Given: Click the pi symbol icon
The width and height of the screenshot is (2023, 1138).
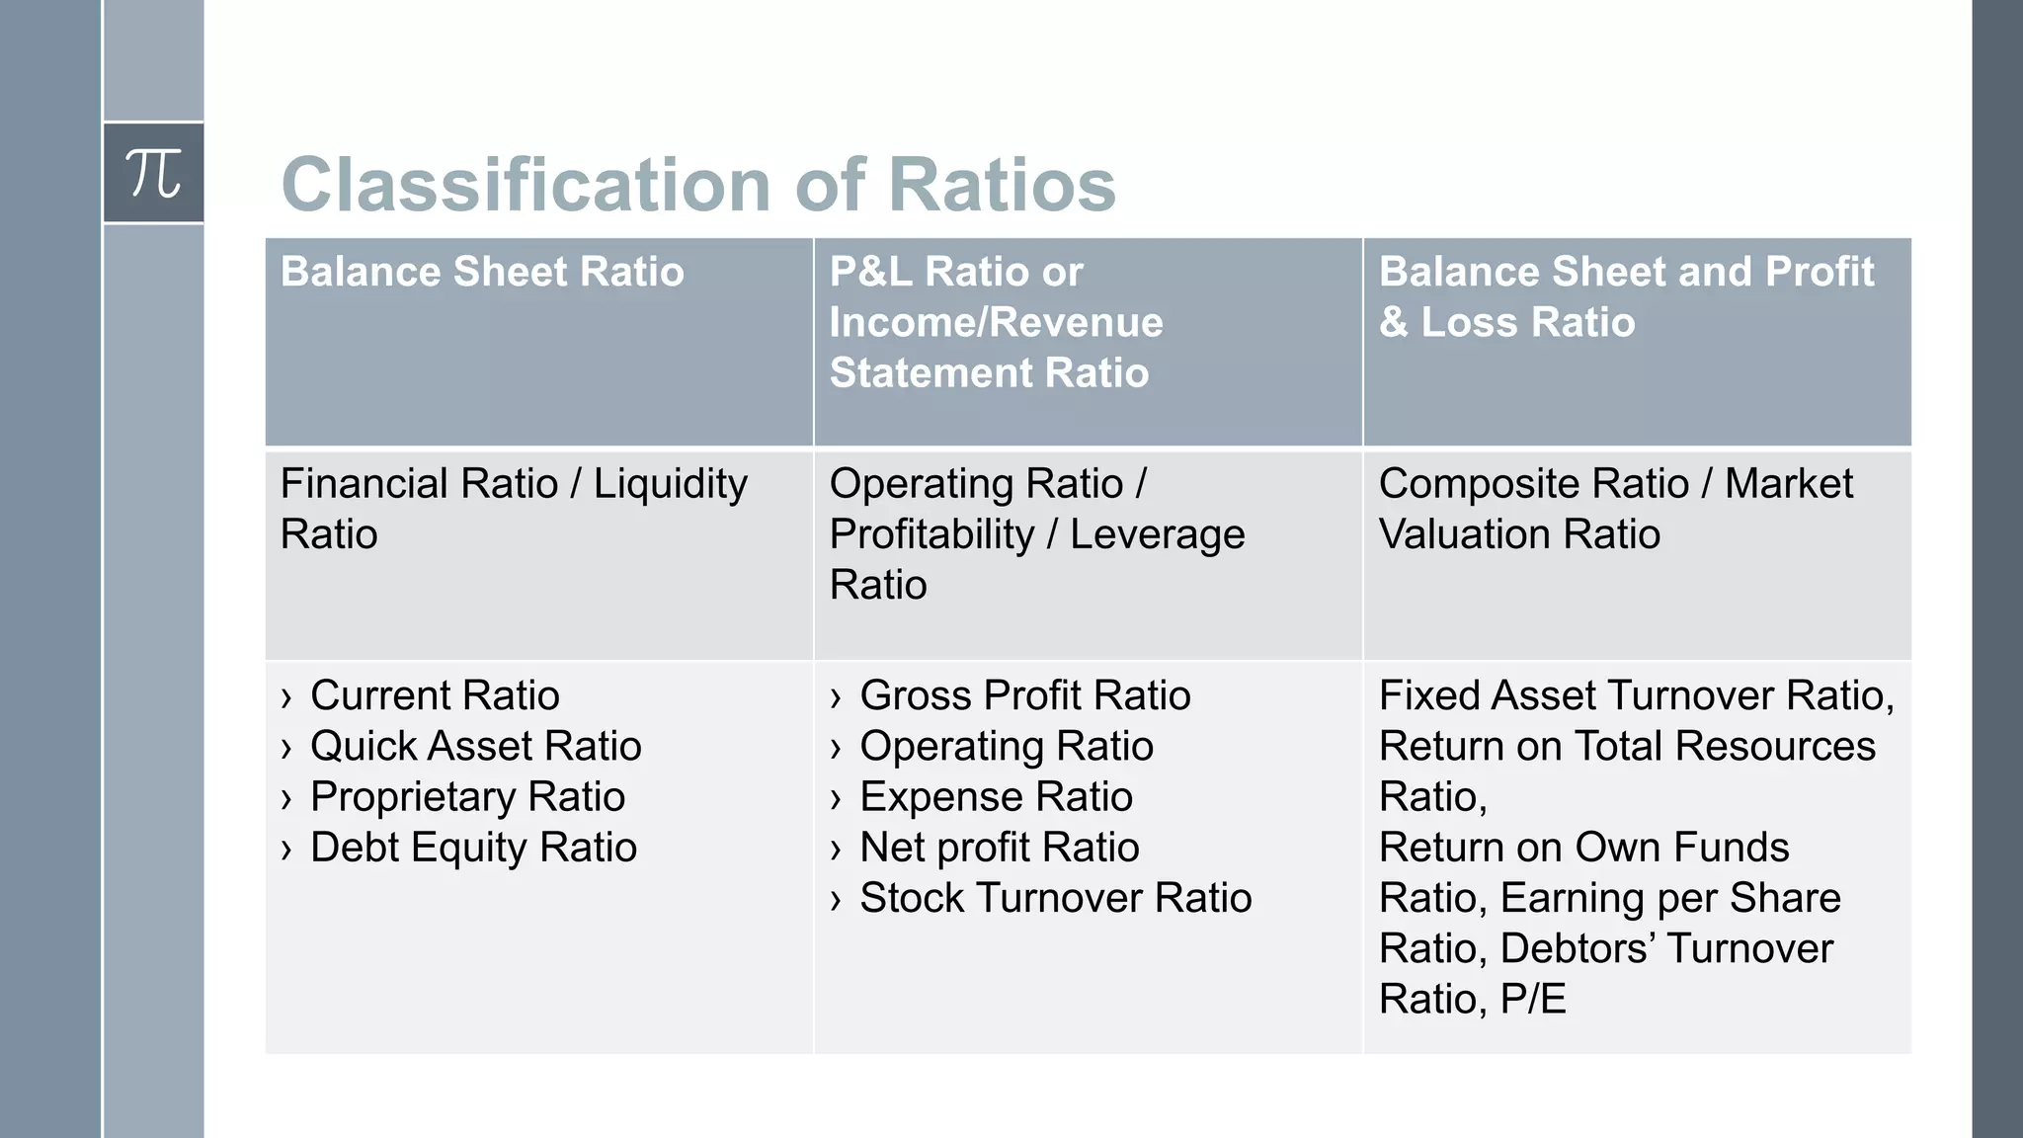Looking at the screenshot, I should coord(154,174).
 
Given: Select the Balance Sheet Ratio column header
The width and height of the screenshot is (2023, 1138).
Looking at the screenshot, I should coord(482,272).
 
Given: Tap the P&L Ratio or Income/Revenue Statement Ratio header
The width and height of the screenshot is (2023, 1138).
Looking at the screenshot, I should coord(996,322).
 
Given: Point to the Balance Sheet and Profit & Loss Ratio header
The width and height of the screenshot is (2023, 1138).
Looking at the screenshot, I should coord(1625,296).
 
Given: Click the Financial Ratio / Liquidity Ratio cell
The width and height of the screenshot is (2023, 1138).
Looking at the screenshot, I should coord(514,509).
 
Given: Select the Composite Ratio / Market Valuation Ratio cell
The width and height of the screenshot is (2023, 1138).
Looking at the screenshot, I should coord(1615,509).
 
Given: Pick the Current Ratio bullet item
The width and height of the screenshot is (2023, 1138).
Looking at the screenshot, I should coord(435,695).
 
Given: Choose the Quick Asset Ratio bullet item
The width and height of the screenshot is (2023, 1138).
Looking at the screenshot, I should coord(475,747).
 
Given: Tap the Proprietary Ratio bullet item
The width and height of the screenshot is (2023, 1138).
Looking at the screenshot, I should coord(467,797).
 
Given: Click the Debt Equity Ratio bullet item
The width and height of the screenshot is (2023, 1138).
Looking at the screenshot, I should coord(473,848).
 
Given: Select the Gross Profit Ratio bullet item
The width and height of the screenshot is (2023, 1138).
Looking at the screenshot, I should coord(1024,695).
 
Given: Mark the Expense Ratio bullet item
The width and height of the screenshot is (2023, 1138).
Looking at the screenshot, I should coord(996,797).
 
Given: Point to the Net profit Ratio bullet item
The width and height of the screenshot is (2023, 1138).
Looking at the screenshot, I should coord(999,848).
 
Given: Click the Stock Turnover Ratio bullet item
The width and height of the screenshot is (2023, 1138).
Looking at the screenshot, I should coord(1055,898).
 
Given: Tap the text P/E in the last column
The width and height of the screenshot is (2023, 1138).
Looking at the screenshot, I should coord(1533,999).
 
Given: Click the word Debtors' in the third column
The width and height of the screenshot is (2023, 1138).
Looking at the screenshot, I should coord(1578,948).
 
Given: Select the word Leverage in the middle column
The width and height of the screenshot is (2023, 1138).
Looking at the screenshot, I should coord(1157,534).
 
